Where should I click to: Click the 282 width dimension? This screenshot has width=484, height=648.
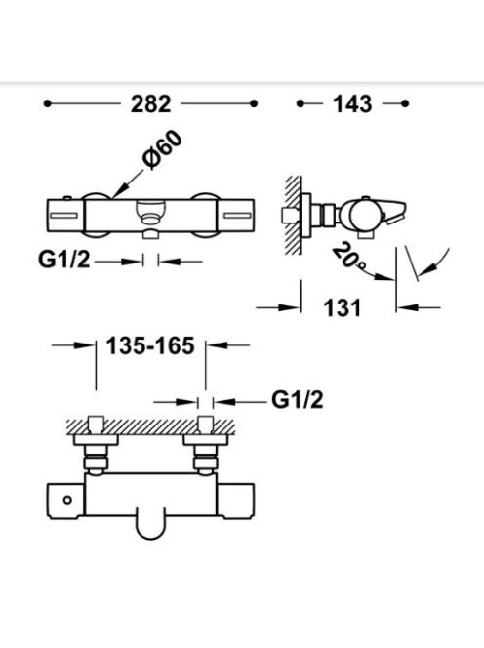tap(150, 104)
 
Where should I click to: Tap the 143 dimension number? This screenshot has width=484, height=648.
tap(352, 104)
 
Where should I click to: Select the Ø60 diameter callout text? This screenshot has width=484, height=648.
tap(162, 150)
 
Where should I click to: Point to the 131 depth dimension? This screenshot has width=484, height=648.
tap(342, 307)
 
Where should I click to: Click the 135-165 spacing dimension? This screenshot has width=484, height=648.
tap(150, 345)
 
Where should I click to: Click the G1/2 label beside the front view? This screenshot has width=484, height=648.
tap(63, 260)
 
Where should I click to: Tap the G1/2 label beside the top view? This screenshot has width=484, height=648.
tap(298, 400)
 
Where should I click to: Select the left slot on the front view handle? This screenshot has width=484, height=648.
tap(63, 216)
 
